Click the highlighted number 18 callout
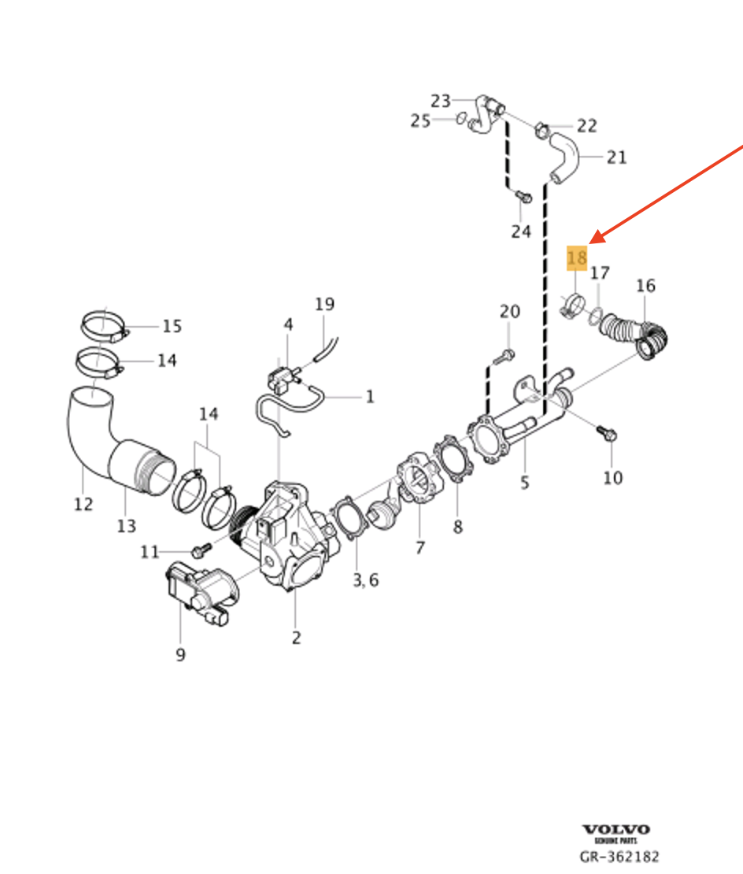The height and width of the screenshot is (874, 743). pos(577,257)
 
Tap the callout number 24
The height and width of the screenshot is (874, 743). pos(521,231)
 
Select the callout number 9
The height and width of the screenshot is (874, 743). pos(180,654)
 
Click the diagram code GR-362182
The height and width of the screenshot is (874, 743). pos(619,857)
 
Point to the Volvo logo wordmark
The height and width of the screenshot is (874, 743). pos(616,830)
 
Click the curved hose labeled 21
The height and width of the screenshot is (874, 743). pos(564,158)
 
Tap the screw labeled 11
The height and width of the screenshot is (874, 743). pos(199,548)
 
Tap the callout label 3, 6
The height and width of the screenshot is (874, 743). pos(365,580)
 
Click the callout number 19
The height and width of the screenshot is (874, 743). pos(324,304)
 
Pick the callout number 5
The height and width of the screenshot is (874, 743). pos(525,483)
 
